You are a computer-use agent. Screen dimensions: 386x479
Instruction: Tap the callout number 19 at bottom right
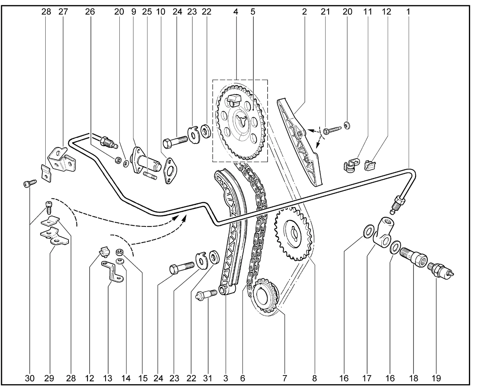pyautogui.click(x=436, y=378)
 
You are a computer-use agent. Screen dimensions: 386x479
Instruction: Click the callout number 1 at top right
pyautogui.click(x=408, y=12)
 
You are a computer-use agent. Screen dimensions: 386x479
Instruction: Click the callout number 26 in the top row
pyautogui.click(x=90, y=12)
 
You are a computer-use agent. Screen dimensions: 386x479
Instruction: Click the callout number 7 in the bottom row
pyautogui.click(x=284, y=378)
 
